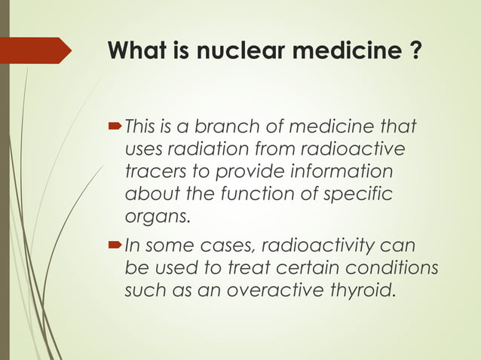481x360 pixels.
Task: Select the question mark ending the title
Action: tap(414, 52)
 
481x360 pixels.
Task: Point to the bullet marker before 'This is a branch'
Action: tap(116, 124)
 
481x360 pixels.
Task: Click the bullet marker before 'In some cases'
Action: tap(116, 245)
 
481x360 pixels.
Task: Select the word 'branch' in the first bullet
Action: tap(220, 124)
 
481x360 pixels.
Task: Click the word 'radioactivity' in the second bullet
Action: tap(332, 245)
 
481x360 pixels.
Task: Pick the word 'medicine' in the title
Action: tap(349, 52)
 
